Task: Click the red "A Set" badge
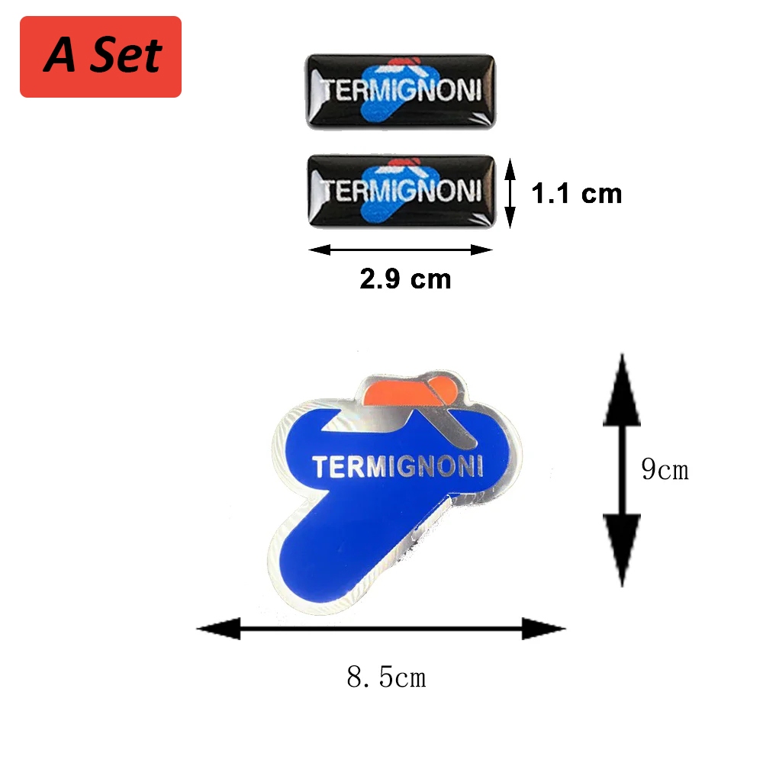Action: click(101, 56)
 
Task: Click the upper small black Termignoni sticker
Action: click(400, 89)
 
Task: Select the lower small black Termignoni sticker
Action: click(400, 191)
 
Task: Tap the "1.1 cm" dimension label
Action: click(577, 194)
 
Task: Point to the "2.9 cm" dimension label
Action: click(405, 279)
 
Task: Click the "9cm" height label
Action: click(665, 470)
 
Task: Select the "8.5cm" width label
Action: click(386, 676)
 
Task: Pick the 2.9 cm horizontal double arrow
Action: click(400, 250)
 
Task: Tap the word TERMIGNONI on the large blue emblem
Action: click(398, 465)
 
